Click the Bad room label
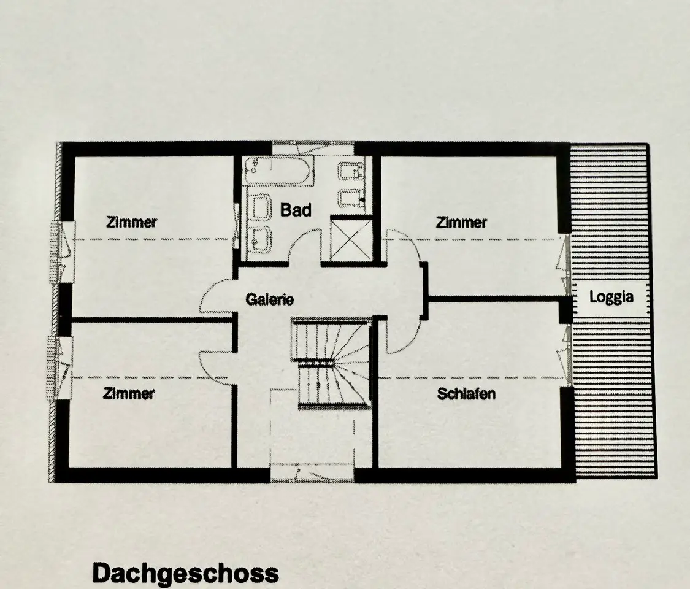tap(296, 210)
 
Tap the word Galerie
tap(270, 299)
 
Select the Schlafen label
tap(466, 393)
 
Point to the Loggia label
tap(611, 297)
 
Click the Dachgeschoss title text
tap(185, 573)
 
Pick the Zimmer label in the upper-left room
tap(132, 222)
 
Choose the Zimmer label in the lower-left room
tap(129, 393)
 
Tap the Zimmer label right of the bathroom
tap(461, 222)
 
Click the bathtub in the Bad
tap(280, 172)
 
